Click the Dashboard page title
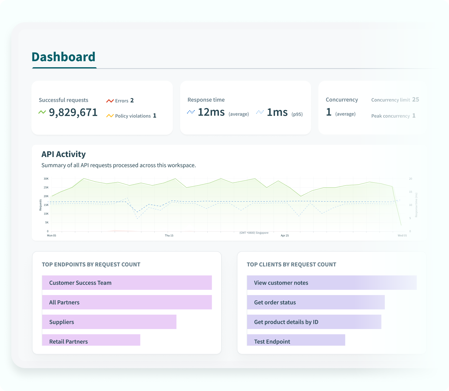[x=63, y=57]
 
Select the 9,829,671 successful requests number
[x=73, y=112]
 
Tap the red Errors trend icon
[x=110, y=101]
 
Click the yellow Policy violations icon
[x=110, y=116]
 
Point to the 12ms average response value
[x=211, y=112]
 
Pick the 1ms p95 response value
[x=277, y=112]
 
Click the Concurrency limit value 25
[x=415, y=100]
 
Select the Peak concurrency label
[x=390, y=116]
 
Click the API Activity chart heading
[x=64, y=154]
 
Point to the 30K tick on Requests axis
[x=46, y=179]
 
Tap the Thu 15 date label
[x=169, y=236]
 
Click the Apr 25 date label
[x=285, y=236]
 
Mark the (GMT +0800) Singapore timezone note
[x=254, y=233]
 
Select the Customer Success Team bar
[x=127, y=283]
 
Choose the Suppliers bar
[x=109, y=322]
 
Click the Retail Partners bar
[x=91, y=340]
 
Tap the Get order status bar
[x=315, y=302]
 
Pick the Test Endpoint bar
[x=296, y=340]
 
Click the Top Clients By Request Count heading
[x=291, y=265]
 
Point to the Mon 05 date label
[x=51, y=236]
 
